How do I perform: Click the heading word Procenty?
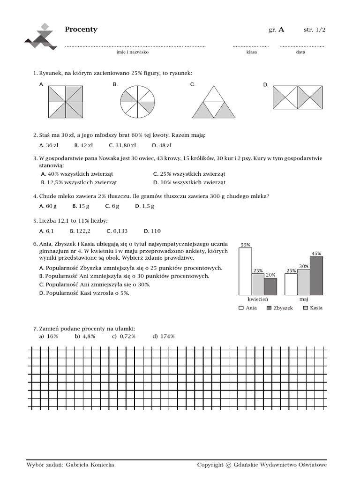pos(81,30)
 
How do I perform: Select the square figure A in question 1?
pos(66,102)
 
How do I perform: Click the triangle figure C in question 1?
pos(213,102)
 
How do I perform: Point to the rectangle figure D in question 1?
pos(297,97)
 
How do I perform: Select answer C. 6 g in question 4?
pos(112,206)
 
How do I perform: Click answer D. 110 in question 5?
pos(152,231)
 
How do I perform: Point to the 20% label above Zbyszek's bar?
pos(270,275)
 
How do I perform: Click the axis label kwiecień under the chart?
pos(258,299)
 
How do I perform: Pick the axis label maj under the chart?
pos(304,299)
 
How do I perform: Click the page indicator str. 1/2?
pos(314,30)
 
